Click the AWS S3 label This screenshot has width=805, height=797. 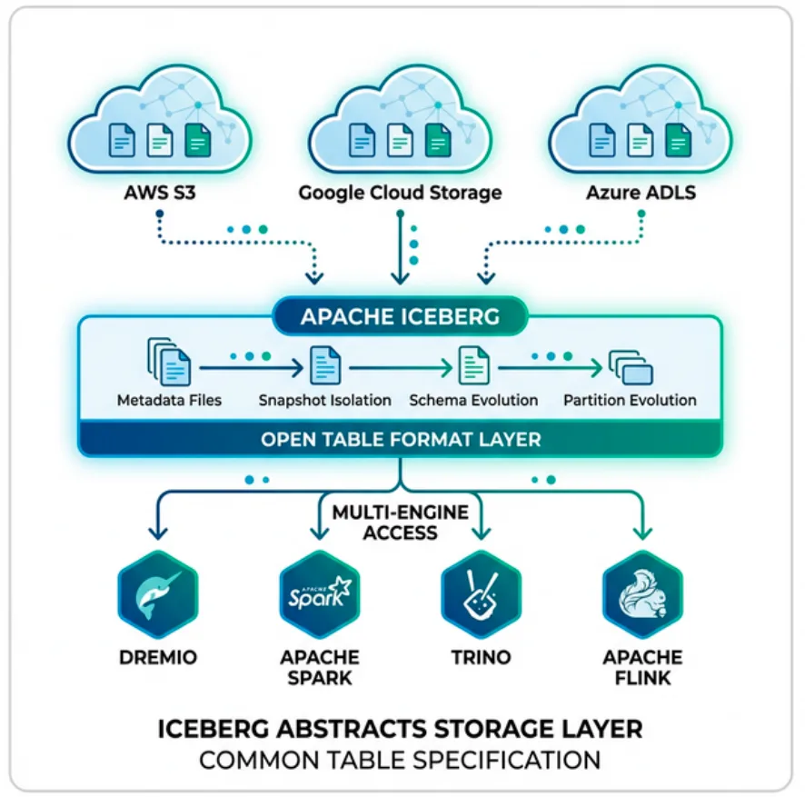coord(159,193)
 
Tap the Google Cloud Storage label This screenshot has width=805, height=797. coord(400,193)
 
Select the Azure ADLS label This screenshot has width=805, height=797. coord(641,193)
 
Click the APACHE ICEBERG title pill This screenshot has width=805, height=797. coord(400,317)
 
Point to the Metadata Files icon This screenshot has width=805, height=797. coord(169,363)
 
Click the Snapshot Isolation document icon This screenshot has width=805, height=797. coord(324,365)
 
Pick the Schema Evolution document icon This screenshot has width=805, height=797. coord(473,365)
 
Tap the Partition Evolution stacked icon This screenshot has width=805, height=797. coord(631,367)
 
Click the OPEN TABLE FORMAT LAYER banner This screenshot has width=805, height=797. coord(401,440)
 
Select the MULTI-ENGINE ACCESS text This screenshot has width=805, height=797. coord(400,523)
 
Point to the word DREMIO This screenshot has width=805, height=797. coord(158,657)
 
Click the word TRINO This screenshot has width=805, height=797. coord(481,657)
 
